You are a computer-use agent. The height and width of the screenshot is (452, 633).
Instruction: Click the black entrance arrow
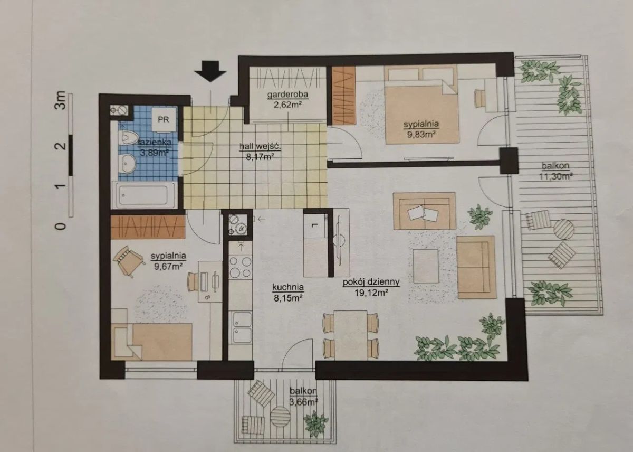coord(210,71)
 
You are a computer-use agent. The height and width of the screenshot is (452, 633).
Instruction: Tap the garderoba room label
coord(287,95)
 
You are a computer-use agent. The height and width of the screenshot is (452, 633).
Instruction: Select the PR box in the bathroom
coord(164,120)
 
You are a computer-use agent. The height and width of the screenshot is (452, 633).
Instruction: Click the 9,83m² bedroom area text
coord(421,134)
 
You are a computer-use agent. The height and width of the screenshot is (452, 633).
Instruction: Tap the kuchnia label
coord(288,287)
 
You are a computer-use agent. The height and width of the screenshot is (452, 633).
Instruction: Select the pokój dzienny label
coord(371,282)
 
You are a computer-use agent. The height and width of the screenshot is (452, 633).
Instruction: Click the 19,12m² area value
coord(371,293)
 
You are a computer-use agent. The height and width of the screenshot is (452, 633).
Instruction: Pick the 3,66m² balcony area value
coord(304,402)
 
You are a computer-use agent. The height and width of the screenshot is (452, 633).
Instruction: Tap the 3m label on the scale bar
coord(61,100)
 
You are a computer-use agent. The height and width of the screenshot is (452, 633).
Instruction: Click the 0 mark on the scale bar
coord(61,225)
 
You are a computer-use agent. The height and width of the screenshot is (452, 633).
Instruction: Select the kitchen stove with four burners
coord(240,266)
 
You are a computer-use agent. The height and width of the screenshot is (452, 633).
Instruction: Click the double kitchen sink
coord(242,327)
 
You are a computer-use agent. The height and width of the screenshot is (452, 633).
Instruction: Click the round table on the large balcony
coord(563,230)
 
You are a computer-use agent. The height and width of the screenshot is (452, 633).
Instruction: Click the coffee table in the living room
coord(426,266)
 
